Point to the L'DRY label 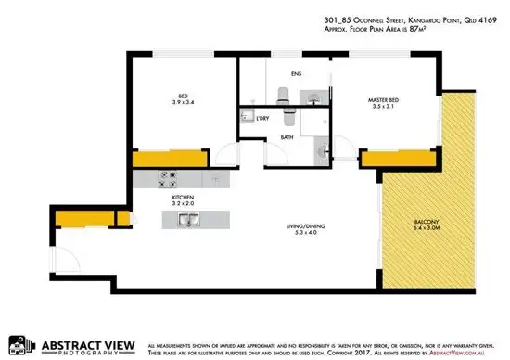tap(263, 118)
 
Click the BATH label tap(287, 137)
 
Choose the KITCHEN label tap(182, 198)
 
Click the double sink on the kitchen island tap(188, 219)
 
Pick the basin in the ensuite tap(315, 94)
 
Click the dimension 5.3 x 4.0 tap(298, 234)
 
